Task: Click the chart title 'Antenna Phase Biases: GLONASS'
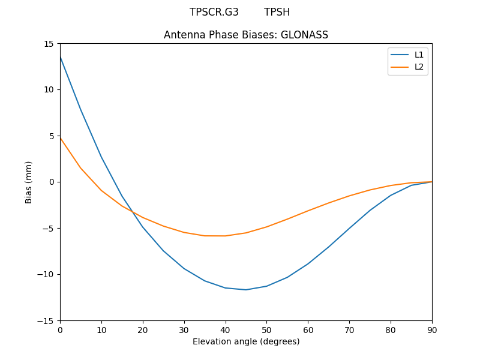[x=246, y=35]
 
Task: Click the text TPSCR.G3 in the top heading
[x=214, y=12]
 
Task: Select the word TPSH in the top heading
[x=277, y=12]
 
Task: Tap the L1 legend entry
[x=419, y=55]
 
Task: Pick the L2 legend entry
[x=419, y=67]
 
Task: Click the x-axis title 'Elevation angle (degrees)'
[x=246, y=342]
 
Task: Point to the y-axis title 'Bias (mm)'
[x=29, y=182]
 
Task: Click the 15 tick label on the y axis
[x=49, y=43]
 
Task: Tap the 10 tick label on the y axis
[x=49, y=89]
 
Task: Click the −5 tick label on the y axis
[x=48, y=228]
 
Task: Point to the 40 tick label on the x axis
[x=225, y=329]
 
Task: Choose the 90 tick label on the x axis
[x=431, y=329]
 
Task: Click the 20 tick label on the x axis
[x=143, y=329]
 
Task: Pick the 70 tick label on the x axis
[x=349, y=329]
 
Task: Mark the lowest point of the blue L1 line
[x=246, y=290]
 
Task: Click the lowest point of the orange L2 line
[x=215, y=236]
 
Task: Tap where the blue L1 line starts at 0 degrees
[x=61, y=56]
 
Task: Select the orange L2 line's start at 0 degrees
[x=61, y=138]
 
